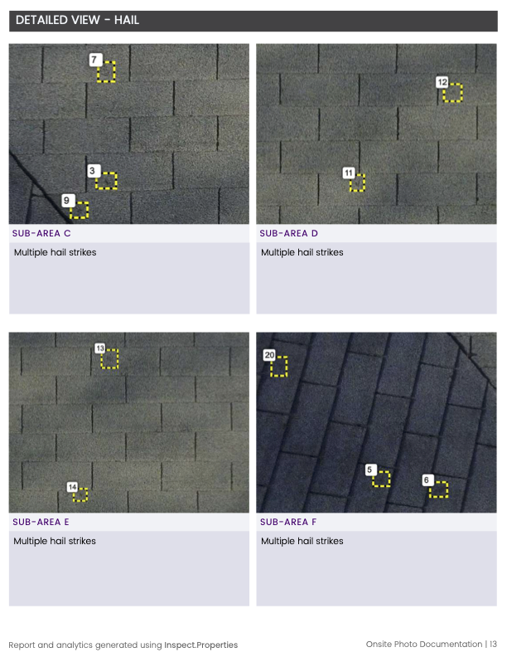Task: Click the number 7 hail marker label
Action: [95, 60]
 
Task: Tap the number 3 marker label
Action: [94, 171]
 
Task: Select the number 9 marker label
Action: [67, 200]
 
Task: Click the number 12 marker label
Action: [442, 81]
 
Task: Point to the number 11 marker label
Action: [349, 173]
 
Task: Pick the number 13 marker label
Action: [99, 348]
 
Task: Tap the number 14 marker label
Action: [72, 487]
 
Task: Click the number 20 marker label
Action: [269, 355]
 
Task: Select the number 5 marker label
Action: [370, 470]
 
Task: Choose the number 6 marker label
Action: [427, 480]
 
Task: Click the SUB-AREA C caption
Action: [41, 233]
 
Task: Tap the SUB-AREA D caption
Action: [288, 233]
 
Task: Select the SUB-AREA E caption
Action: [41, 522]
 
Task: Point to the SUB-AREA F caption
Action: [288, 522]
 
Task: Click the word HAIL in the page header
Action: [127, 20]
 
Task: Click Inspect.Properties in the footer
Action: [200, 645]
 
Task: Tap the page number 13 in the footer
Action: [493, 644]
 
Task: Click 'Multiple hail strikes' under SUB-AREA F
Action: [302, 541]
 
